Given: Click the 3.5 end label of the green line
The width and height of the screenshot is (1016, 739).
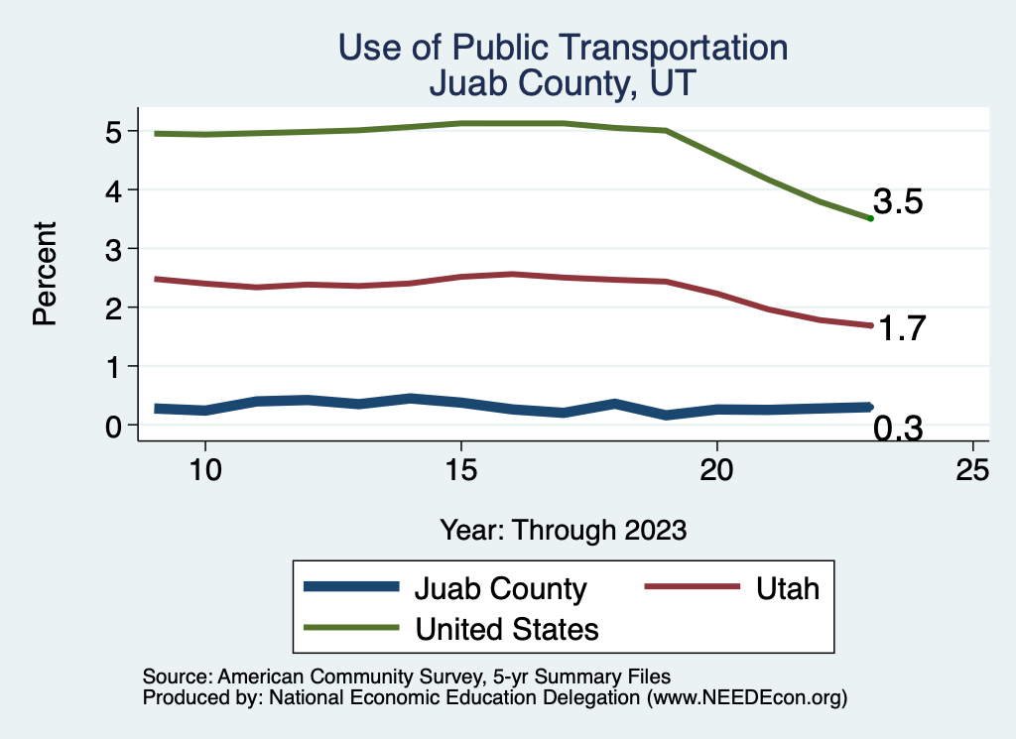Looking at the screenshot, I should pyautogui.click(x=898, y=202).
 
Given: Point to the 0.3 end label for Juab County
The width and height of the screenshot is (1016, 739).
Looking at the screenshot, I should pyautogui.click(x=898, y=429).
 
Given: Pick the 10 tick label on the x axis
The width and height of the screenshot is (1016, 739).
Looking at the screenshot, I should pyautogui.click(x=204, y=470).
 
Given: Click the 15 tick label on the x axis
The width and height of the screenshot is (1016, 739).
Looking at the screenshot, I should pyautogui.click(x=460, y=470).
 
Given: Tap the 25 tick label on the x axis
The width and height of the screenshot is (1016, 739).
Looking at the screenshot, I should pyautogui.click(x=972, y=470).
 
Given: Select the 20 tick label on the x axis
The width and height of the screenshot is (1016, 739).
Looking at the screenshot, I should pyautogui.click(x=716, y=470).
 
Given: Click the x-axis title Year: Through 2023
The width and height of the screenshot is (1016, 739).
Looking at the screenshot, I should pyautogui.click(x=564, y=530).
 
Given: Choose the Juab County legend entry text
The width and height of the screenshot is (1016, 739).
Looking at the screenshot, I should pyautogui.click(x=500, y=588).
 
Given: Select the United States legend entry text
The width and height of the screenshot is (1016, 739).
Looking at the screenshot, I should pyautogui.click(x=507, y=629).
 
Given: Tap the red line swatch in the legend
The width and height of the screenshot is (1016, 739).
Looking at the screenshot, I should pyautogui.click(x=693, y=588).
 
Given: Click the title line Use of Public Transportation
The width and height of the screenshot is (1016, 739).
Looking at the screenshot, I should pyautogui.click(x=564, y=48).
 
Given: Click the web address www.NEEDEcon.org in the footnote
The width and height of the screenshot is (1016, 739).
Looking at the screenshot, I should pyautogui.click(x=746, y=698).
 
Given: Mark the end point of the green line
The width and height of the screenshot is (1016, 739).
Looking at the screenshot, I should pyautogui.click(x=870, y=218).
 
